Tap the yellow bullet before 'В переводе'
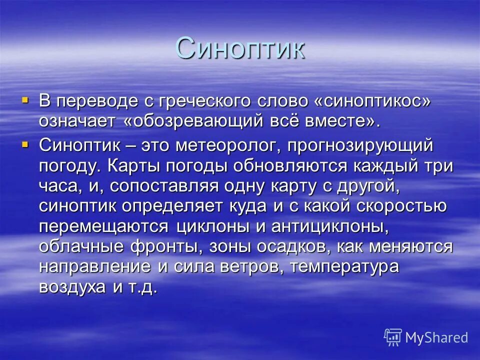pos(25,99)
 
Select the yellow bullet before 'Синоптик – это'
pos(25,144)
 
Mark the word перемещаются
pos(103,226)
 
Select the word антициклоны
pos(330,226)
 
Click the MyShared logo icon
pos(393,337)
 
